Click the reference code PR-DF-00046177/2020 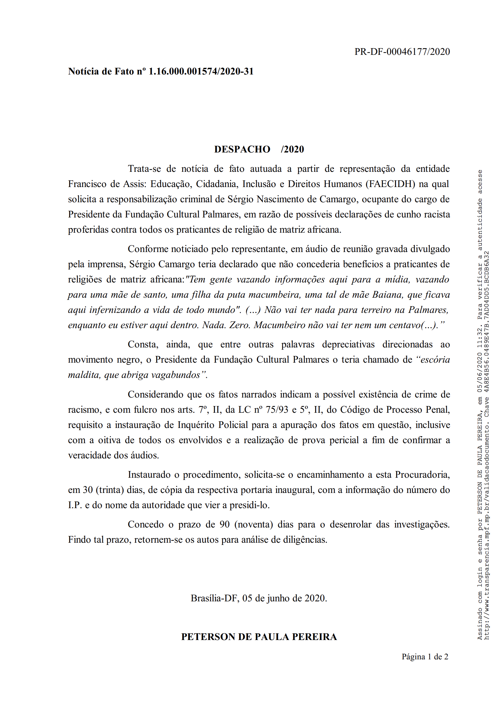(x=402, y=52)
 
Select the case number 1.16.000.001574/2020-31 (x=201, y=71)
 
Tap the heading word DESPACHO (x=242, y=149)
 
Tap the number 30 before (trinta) (x=88, y=490)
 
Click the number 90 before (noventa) (x=224, y=525)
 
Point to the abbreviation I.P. (x=75, y=505)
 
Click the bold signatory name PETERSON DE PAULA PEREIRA (x=259, y=637)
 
